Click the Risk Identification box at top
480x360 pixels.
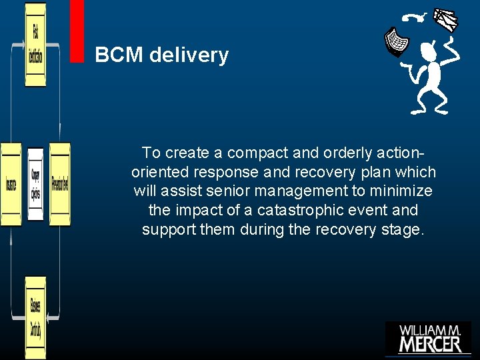tap(35, 45)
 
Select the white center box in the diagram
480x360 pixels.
tap(35, 185)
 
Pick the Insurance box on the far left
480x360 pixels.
tap(11, 185)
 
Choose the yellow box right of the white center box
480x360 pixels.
tap(59, 185)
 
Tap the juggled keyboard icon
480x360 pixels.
tap(398, 41)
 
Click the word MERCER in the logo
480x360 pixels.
tap(430, 344)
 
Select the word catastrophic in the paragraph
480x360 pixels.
tap(283, 211)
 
